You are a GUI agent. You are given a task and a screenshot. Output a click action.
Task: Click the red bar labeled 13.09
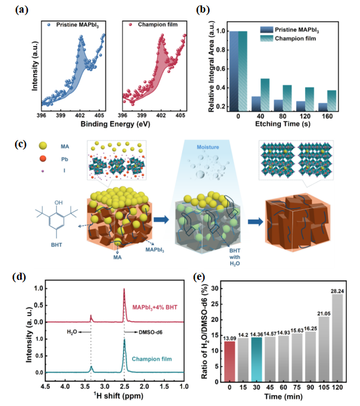[x=230, y=361]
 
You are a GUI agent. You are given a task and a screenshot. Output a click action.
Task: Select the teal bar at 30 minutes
[x=256, y=360]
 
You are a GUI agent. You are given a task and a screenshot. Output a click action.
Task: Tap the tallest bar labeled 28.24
[x=337, y=338]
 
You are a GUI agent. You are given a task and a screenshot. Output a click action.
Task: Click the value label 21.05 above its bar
[x=324, y=314]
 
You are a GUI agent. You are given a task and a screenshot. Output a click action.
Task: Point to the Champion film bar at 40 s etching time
[x=265, y=95]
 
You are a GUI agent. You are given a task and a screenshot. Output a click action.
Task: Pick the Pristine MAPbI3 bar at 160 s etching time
[x=323, y=107]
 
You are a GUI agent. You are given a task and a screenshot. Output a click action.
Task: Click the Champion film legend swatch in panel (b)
[x=267, y=39]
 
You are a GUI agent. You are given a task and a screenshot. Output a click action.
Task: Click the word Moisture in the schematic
[x=208, y=147]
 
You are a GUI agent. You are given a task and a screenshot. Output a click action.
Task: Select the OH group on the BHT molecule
[x=58, y=203]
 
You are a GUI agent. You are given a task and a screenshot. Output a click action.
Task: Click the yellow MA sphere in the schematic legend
[x=43, y=145]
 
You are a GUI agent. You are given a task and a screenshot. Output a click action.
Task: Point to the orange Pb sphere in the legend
[x=43, y=159]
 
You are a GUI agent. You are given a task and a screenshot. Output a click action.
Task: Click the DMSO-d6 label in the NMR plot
[x=151, y=332]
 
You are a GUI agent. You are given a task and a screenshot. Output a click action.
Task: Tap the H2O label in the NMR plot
[x=72, y=332]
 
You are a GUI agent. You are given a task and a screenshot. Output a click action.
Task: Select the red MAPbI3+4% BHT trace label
[x=155, y=307]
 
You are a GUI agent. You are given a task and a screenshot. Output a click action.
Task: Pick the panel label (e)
[x=200, y=277]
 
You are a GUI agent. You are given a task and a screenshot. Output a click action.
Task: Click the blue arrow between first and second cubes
[x=161, y=220]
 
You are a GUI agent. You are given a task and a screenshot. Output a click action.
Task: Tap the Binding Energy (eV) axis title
[x=115, y=124]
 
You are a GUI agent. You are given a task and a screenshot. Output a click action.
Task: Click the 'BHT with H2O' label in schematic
[x=235, y=257]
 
